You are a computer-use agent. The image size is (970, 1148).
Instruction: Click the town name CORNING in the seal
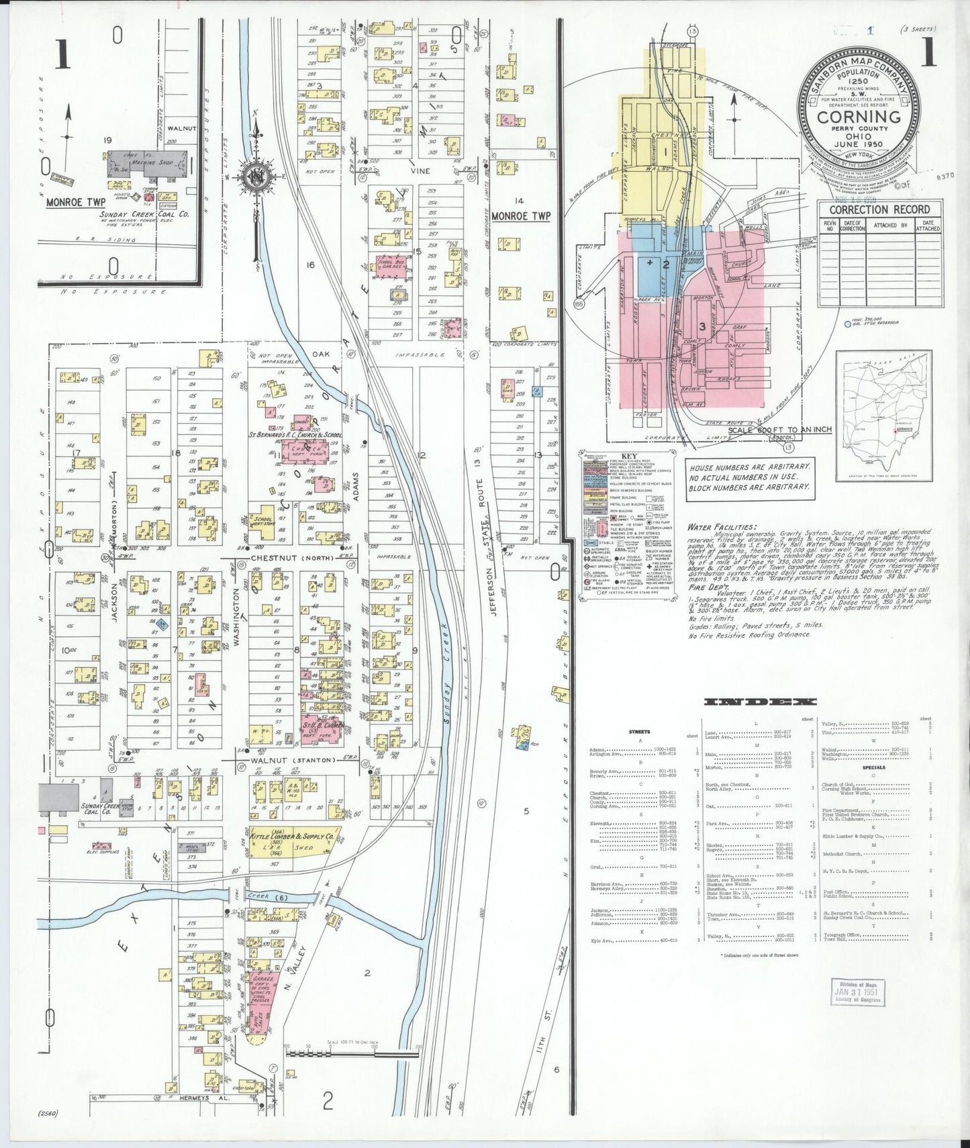859,117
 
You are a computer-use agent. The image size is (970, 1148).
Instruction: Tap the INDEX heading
760,702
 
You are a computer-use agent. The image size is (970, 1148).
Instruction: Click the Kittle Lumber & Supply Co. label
292,837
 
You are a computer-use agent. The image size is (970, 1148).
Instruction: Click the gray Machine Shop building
148,164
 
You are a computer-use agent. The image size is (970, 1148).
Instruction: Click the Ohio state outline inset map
883,416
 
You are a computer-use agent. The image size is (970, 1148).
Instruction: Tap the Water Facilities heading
722,528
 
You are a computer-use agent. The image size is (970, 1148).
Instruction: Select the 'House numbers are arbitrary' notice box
748,476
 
